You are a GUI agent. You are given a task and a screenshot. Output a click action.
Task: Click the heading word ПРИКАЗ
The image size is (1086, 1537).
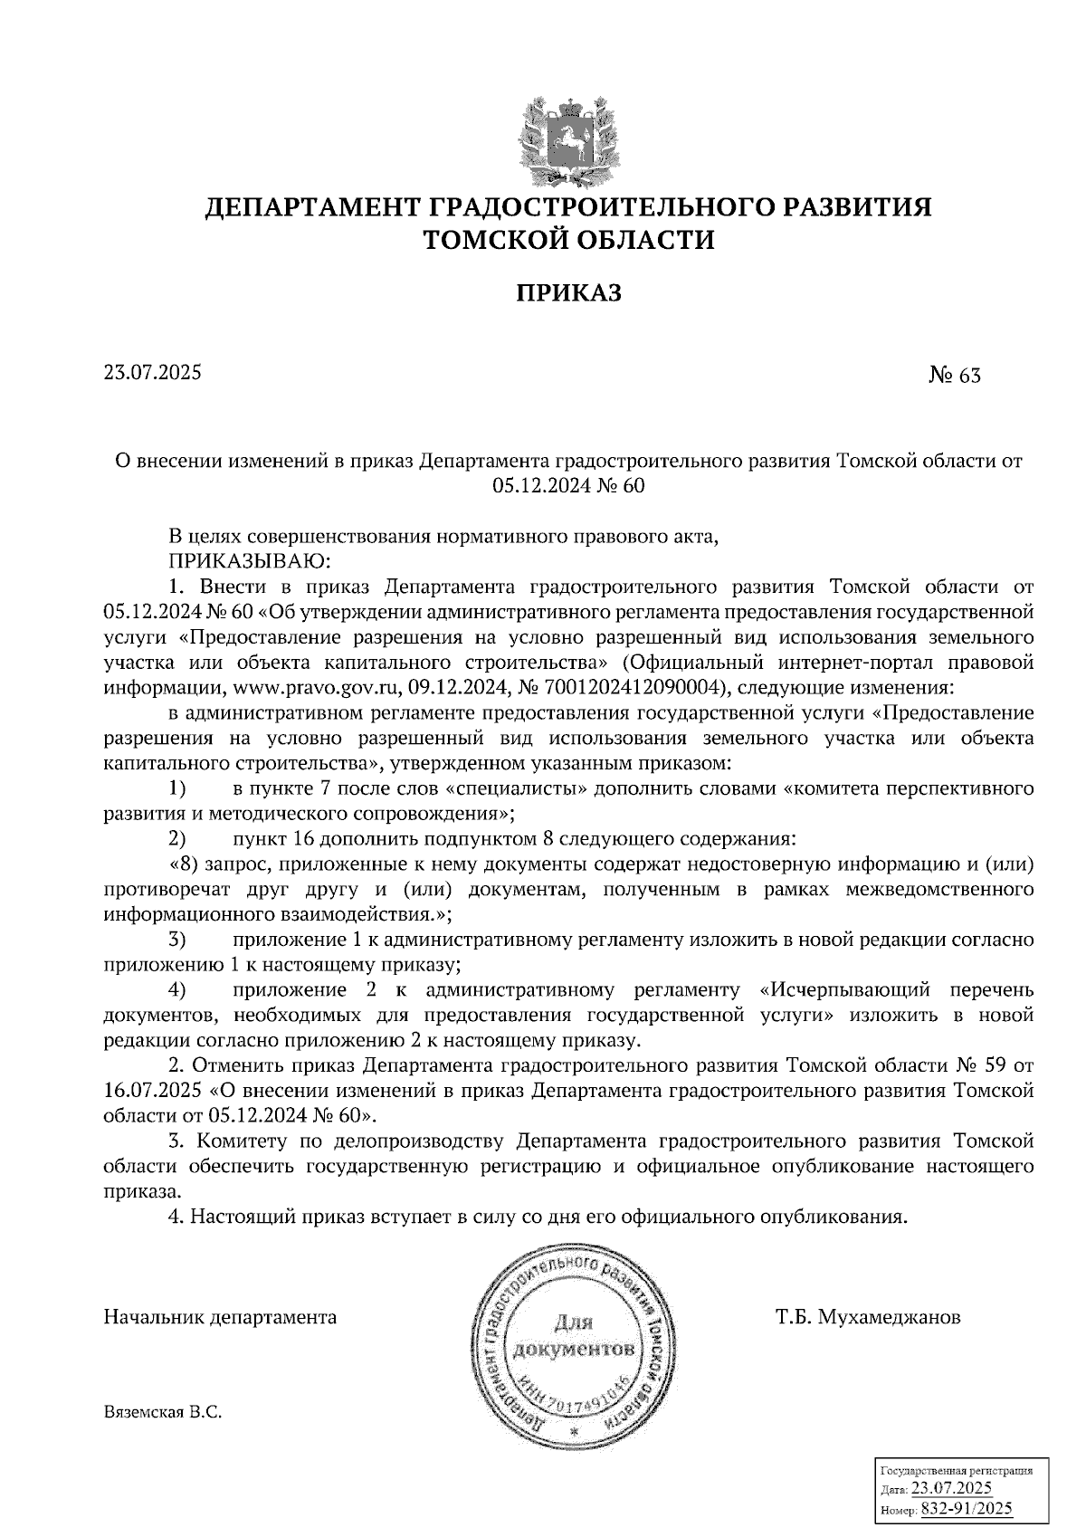coord(567,292)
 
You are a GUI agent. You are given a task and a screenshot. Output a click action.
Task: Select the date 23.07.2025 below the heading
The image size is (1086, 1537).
coord(153,372)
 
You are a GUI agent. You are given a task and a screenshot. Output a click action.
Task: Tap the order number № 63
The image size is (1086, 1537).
coord(954,375)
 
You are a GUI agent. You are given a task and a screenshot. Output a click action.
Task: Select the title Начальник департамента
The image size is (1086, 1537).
coord(220,1317)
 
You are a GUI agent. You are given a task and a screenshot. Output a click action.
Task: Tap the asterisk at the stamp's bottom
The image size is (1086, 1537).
coord(573,1432)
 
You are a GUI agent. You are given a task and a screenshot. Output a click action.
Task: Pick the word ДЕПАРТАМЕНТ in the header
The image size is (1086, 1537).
coord(310,207)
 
